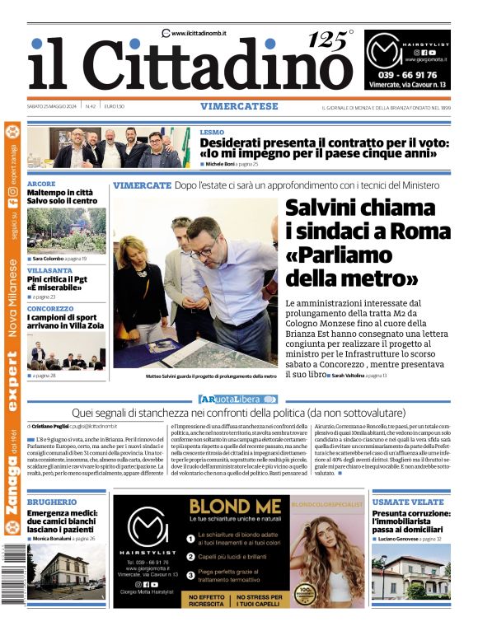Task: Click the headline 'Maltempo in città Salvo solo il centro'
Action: click(63, 196)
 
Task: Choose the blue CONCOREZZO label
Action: click(50, 309)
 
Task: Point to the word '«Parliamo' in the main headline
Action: click(337, 255)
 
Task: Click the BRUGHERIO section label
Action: click(53, 502)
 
